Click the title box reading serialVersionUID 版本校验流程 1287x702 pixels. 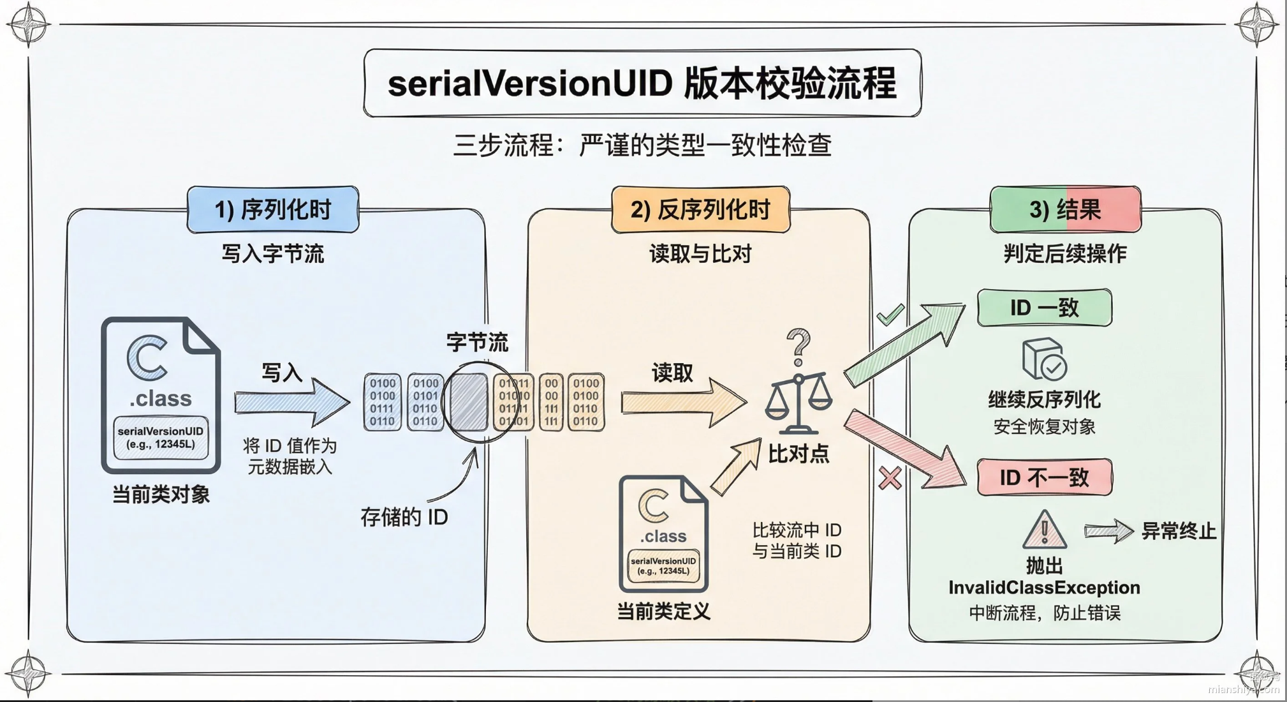642,84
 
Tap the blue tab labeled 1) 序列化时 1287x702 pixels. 273,210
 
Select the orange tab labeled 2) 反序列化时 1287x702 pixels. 700,210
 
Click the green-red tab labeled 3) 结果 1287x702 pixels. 1065,210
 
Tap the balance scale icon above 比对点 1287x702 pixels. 798,402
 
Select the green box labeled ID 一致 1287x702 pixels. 1045,308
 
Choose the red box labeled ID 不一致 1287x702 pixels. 1045,477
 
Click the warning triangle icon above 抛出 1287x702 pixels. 1044,530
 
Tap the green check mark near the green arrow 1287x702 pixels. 890,314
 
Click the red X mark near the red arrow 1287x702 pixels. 890,478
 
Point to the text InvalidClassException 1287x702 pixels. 1044,587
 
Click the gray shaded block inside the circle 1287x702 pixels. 469,402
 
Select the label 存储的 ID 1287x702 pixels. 404,517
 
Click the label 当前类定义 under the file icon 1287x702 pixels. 663,612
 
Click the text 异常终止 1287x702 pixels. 1179,531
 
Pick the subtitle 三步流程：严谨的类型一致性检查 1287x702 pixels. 642,146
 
